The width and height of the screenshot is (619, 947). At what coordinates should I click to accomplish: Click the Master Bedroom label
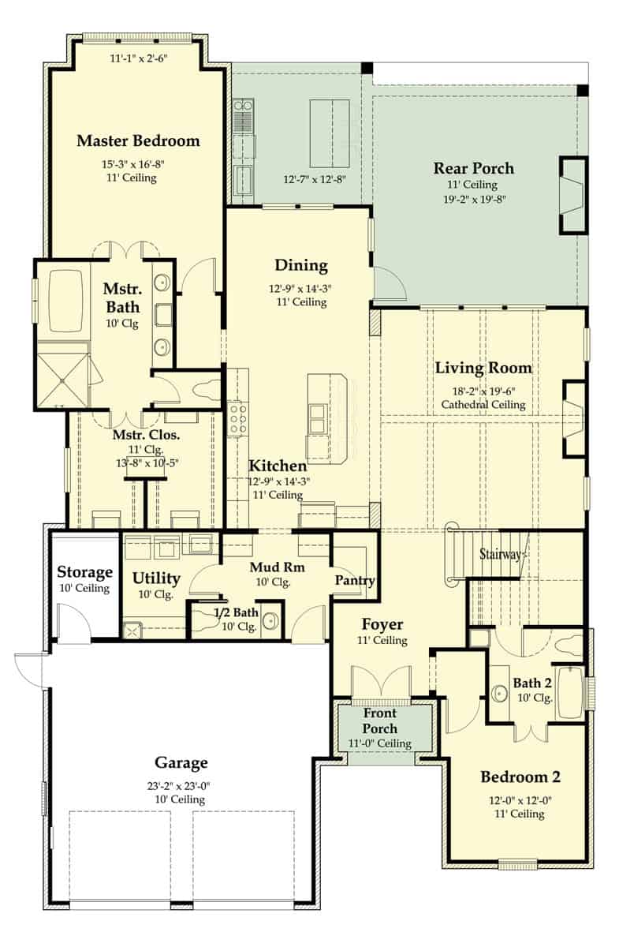coord(138,141)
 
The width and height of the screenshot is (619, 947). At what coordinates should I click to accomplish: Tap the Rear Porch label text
coord(473,168)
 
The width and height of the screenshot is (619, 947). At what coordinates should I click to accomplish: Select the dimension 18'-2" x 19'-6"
coord(483,390)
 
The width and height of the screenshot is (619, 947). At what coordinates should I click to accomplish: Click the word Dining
coord(301,265)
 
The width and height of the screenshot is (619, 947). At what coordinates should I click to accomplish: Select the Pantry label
coord(354,580)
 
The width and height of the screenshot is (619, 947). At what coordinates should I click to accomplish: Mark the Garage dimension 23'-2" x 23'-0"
coord(181,785)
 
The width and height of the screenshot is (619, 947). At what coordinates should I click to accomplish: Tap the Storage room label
coord(84,572)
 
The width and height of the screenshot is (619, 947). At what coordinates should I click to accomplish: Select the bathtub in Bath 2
coord(571,692)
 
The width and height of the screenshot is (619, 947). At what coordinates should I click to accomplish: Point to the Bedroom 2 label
coord(520,777)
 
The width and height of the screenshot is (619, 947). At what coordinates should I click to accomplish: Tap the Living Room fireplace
coord(573,418)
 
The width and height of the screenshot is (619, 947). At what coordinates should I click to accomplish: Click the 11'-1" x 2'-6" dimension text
coord(139,58)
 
